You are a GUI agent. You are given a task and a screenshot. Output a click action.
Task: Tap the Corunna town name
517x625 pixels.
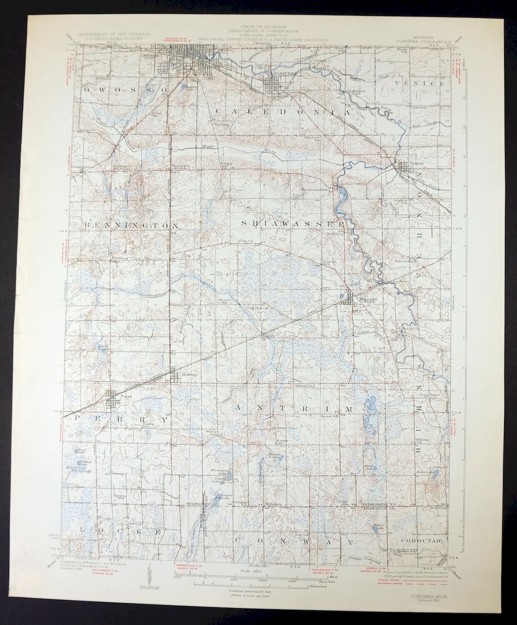pyautogui.click(x=277, y=73)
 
